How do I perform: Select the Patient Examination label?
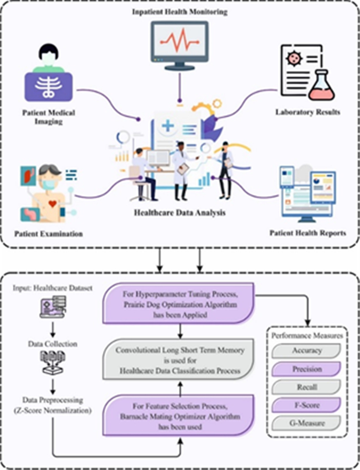[48, 234]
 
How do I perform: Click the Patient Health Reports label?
[308, 233]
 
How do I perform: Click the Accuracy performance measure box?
[307, 350]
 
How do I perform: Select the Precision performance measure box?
[307, 369]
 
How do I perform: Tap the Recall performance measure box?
[307, 387]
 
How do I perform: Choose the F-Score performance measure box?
[307, 405]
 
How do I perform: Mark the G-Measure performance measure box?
[307, 424]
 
